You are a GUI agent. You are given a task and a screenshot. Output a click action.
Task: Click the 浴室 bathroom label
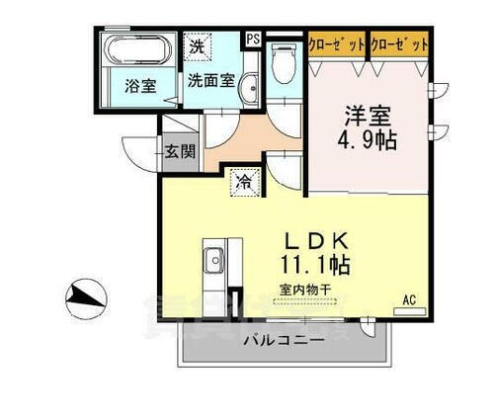coord(139,86)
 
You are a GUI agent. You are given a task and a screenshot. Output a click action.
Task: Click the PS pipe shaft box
coord(253,40)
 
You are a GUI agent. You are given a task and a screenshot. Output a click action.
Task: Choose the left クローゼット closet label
coord(334,44)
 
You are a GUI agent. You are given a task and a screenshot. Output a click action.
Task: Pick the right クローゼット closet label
coord(399,44)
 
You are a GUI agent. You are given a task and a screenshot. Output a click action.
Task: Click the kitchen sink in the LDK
coord(214,262)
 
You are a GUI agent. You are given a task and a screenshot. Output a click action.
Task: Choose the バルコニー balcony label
coord(283,340)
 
